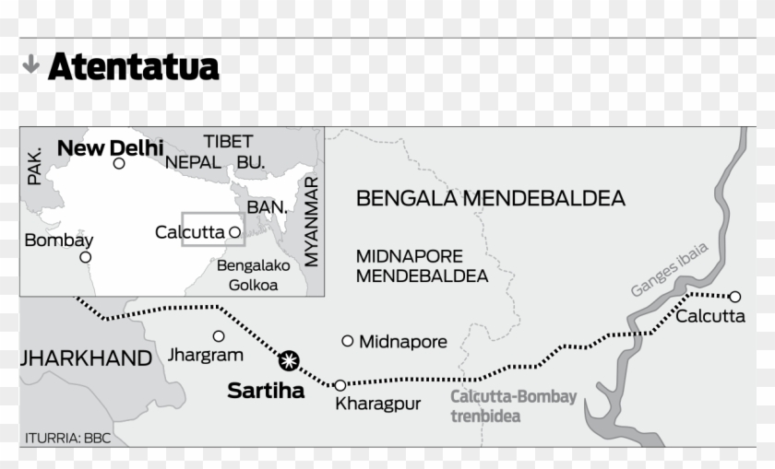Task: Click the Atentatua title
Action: (x=134, y=66)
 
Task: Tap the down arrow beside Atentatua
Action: (x=30, y=64)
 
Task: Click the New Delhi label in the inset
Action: (x=110, y=147)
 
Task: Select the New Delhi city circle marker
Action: (x=119, y=164)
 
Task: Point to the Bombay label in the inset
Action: (x=59, y=240)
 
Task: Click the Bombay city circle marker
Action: (x=86, y=257)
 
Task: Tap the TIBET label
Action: (x=228, y=142)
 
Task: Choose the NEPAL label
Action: (x=193, y=163)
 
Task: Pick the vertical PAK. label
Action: (x=35, y=166)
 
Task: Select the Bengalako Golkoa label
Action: (x=253, y=275)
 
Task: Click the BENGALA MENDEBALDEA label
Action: (x=490, y=198)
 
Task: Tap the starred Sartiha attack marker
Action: (x=290, y=360)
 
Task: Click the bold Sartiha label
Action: (x=266, y=392)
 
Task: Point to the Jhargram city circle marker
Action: (x=219, y=336)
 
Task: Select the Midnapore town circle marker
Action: (x=347, y=341)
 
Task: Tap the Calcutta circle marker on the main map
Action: (x=734, y=297)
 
